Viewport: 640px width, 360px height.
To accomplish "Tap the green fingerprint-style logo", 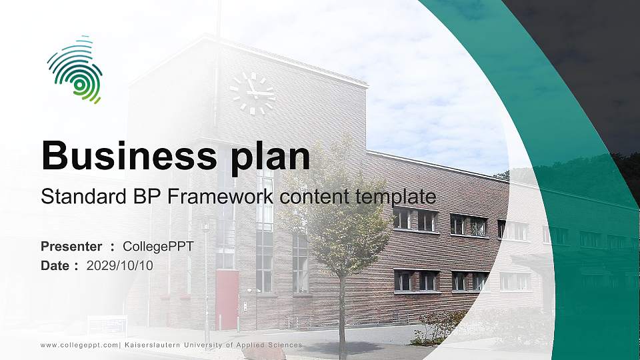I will [75, 69].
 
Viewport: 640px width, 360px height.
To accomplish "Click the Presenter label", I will [71, 247].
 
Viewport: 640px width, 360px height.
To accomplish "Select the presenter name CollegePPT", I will [158, 247].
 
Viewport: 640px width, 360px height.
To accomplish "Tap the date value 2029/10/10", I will [120, 265].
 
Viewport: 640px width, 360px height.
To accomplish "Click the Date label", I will [55, 265].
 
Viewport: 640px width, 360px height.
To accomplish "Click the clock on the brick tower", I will [252, 93].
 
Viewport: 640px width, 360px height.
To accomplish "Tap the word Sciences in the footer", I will [283, 345].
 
